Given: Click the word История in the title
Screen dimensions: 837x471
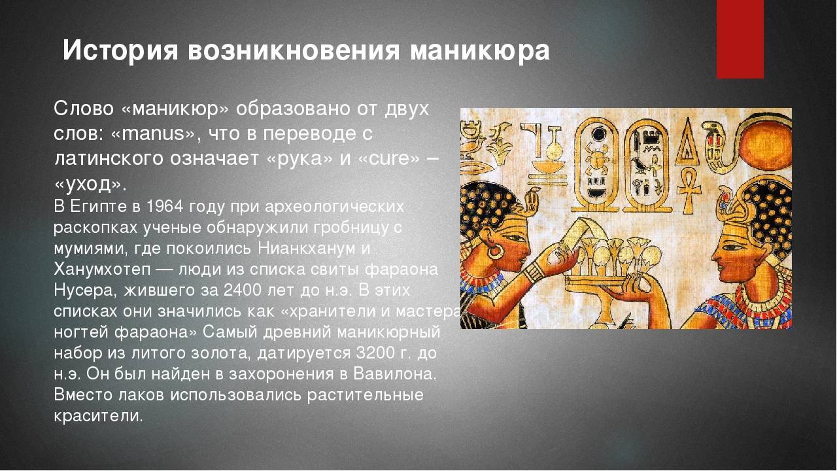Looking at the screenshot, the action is coord(120,50).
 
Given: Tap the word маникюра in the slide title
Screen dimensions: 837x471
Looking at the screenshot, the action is coord(480,50).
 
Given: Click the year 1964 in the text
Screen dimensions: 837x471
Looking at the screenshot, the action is coord(165,206).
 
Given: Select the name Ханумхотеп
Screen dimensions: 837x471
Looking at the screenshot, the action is coord(102,270).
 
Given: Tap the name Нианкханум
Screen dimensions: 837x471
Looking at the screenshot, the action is coord(307,249).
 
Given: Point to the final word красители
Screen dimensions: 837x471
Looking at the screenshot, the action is coord(98,416).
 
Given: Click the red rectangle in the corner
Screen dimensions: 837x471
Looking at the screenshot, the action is coord(740,39).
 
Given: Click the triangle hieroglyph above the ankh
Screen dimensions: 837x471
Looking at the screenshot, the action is coord(687,142).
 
